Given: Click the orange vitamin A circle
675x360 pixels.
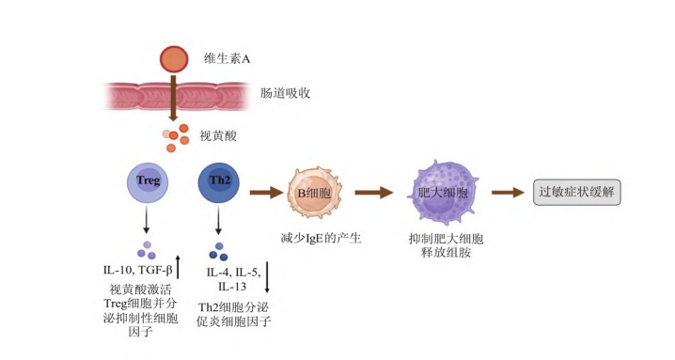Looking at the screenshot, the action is coord(174,59).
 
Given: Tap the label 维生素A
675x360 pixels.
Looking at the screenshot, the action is coord(227,58).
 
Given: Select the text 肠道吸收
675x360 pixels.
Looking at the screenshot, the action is coord(285,93).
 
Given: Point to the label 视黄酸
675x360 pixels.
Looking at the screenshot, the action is coord(218,136).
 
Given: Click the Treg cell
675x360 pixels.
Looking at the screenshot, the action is coord(148,182).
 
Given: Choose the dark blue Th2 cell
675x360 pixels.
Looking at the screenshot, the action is coord(219,182).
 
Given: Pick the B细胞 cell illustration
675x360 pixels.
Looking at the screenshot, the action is coord(314,193).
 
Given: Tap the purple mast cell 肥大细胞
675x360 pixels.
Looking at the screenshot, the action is coord(444,192).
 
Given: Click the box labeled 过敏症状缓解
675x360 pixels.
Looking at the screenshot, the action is coord(577,192).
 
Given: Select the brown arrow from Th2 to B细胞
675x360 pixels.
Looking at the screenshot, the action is coord(267,192).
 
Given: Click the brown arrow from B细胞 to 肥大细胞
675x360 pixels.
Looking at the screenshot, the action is coord(374,192).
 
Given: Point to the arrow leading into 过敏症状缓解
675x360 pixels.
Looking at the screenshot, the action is coord(509,192).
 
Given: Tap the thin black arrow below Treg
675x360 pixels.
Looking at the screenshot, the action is coord(147,220).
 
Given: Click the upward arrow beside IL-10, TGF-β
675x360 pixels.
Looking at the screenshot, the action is coord(178,267).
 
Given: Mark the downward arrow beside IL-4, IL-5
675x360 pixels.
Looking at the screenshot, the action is coord(267,277).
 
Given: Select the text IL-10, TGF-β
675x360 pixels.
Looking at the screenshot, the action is coord(138,271).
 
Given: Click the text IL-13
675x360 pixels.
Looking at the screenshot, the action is coord(232,287).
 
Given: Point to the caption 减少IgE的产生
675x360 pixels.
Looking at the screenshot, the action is coord(321,238).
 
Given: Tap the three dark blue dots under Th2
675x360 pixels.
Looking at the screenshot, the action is coord(219,252).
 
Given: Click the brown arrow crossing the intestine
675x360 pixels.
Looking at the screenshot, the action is coord(173,98).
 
